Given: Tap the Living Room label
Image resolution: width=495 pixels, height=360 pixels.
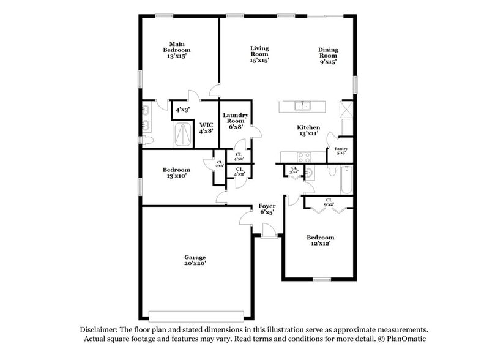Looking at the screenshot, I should pos(259,54).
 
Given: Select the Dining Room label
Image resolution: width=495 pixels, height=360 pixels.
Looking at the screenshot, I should pos(328,55).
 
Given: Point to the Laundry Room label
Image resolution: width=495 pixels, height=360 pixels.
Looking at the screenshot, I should pos(236,121).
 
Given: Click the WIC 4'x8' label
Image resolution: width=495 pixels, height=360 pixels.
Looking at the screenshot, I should pos(206,127).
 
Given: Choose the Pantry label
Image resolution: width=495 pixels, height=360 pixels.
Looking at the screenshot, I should pos(341,151).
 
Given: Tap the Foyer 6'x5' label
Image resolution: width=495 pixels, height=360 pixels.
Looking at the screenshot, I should pos(266,209).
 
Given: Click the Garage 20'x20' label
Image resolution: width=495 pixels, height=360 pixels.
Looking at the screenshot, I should pos(195,260).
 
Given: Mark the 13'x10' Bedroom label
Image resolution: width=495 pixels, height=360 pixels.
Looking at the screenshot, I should pos(174,172).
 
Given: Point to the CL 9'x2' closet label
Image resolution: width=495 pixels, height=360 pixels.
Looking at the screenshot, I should pos(329,202).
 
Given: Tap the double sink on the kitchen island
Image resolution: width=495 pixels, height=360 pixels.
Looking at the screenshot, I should pos(303,106).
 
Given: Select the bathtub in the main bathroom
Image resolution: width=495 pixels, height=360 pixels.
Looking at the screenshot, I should pos(182,134).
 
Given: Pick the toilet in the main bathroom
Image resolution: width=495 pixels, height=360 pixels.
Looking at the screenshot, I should pos(147,141).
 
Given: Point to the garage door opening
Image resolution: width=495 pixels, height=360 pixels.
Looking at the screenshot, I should pos(199,316).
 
